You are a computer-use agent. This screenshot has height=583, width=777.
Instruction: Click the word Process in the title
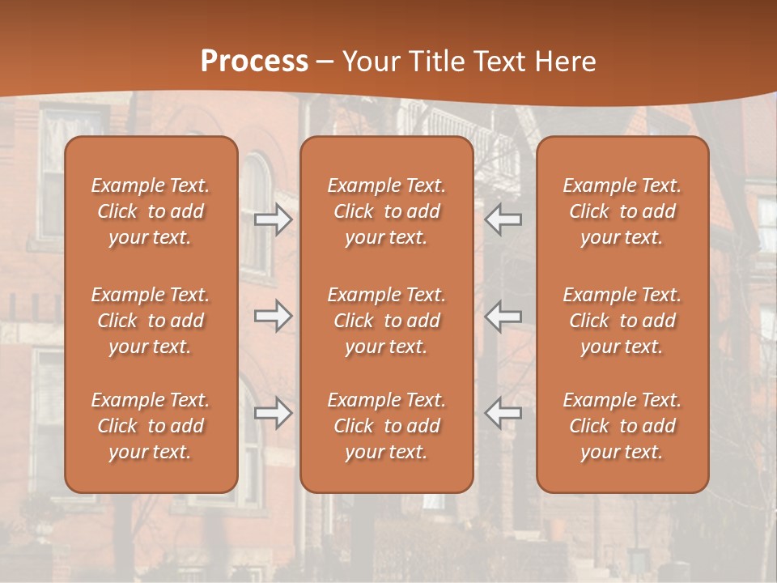[254, 62]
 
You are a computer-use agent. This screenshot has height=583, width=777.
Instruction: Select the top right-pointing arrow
[274, 219]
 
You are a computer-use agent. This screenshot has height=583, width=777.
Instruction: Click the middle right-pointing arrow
[274, 316]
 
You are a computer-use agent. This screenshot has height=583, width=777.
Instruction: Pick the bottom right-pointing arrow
[274, 413]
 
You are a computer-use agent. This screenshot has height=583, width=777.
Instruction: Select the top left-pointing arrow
[503, 219]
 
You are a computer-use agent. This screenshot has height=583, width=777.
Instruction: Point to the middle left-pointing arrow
[503, 316]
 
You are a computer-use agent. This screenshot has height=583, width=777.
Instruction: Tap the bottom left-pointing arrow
[503, 413]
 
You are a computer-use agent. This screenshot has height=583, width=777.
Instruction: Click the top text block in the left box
[151, 211]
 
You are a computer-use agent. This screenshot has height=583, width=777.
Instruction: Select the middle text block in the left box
[151, 321]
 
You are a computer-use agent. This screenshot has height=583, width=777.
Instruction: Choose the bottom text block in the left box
[151, 426]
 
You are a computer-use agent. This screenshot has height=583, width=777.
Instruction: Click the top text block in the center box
[387, 211]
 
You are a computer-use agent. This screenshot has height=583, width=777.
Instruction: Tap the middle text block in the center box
[387, 321]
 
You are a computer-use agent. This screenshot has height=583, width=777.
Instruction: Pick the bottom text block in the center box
[387, 426]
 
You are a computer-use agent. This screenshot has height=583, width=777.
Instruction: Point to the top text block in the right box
[622, 211]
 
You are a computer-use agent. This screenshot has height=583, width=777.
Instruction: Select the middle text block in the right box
[622, 321]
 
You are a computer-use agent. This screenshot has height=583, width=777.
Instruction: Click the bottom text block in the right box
[622, 426]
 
